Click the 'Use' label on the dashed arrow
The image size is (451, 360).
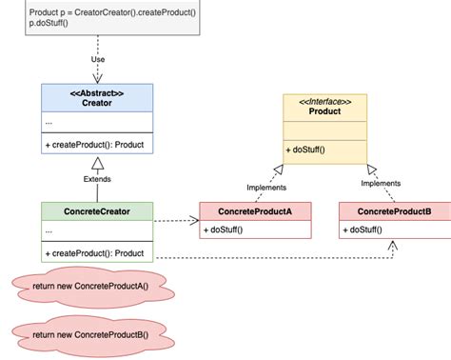[98, 60]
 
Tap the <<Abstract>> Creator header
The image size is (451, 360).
[98, 99]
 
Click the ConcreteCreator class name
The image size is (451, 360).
[98, 211]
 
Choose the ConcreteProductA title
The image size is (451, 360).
[254, 210]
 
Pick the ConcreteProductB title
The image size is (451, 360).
[394, 210]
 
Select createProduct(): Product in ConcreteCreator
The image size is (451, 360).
[93, 252]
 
